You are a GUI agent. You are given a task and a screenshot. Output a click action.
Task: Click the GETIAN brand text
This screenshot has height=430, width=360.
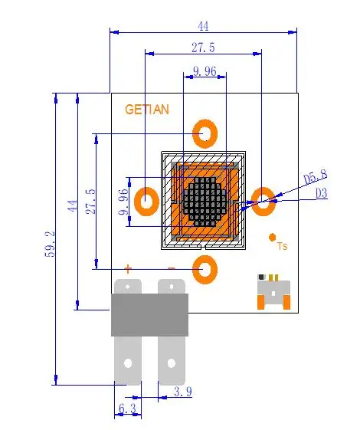(147, 110)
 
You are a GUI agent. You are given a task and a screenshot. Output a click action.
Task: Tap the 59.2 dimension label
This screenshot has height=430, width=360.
(50, 244)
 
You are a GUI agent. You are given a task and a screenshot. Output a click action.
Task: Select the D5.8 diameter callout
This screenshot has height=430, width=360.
(316, 177)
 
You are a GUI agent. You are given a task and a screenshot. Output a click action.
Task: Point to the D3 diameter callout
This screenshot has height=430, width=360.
(322, 193)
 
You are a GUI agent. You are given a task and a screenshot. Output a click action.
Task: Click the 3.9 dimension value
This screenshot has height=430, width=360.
(183, 392)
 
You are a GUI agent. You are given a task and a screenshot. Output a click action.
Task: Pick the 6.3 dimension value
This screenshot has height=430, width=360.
(127, 409)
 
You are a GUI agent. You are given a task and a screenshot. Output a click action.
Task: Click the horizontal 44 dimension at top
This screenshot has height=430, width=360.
(203, 26)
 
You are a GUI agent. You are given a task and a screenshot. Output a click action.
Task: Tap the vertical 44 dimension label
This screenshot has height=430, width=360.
(72, 205)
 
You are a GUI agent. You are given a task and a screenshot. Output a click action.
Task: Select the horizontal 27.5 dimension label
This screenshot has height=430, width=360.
(203, 48)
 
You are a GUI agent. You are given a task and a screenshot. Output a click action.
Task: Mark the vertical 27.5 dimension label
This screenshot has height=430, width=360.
(90, 202)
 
